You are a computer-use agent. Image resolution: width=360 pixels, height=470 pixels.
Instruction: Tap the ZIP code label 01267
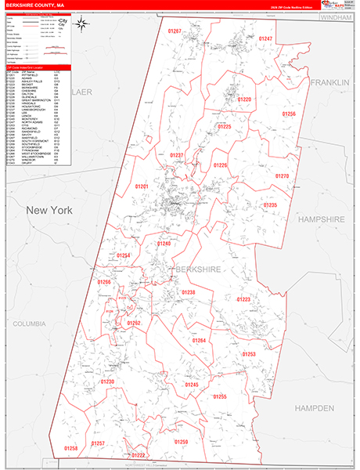click(175, 31)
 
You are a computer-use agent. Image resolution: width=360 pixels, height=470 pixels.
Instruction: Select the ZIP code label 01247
click(266, 38)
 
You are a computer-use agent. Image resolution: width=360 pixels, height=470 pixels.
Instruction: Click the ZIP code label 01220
click(245, 99)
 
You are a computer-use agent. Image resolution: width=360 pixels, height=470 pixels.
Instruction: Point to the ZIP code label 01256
click(289, 114)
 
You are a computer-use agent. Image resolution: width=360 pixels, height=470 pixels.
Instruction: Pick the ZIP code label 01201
click(142, 186)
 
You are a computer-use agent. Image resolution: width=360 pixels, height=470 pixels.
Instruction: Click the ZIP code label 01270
click(283, 176)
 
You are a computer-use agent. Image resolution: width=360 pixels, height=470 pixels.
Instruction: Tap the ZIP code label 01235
click(270, 204)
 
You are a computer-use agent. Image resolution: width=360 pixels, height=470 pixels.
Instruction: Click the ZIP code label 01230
click(107, 381)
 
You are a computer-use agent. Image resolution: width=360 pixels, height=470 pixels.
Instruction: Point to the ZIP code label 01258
click(70, 448)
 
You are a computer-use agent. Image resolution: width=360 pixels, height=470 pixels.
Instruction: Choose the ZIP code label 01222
click(139, 455)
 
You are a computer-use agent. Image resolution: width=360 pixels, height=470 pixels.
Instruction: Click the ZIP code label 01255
click(220, 397)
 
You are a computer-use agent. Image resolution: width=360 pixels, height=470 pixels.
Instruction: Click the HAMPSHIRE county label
click(322, 221)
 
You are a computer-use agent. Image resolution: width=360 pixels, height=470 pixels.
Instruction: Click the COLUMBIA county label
click(30, 323)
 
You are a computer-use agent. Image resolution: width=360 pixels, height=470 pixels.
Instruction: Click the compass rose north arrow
click(82, 23)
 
